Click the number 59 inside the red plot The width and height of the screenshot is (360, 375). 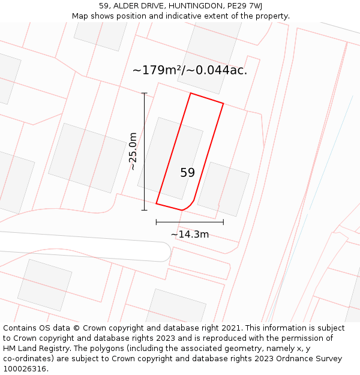coord(187,173)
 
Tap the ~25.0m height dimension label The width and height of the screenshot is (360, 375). coord(133,151)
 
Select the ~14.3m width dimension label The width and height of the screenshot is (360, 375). coord(190,234)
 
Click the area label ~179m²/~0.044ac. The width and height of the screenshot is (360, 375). coord(190,70)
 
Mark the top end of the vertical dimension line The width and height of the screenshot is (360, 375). coord(144,93)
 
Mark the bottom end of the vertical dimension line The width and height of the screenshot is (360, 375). coord(144,210)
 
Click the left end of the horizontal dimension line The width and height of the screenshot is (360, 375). coord(156,222)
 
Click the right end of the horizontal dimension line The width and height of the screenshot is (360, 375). coord(223,222)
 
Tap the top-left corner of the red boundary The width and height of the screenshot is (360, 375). coord(191,93)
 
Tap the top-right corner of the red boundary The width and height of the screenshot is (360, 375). coord(223,103)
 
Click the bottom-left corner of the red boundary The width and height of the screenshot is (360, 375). coord(156,203)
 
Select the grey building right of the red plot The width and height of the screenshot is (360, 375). coord(223,189)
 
